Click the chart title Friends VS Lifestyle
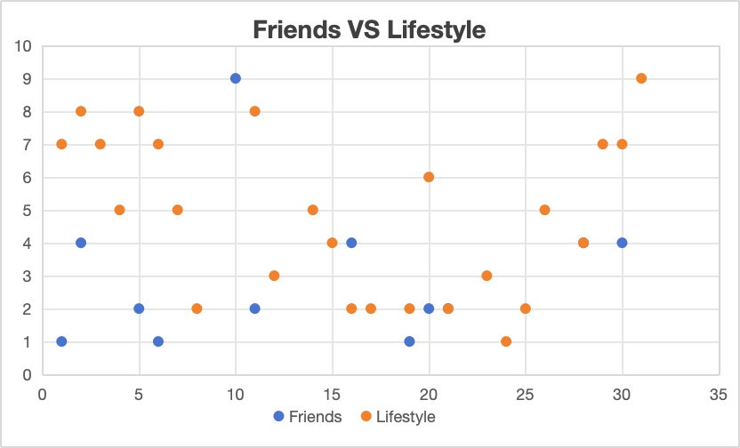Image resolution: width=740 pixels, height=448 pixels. [369, 30]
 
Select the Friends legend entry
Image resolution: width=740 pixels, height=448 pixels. [308, 416]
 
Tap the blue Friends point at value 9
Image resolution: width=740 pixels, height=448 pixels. [236, 78]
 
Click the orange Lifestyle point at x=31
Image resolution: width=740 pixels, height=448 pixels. [641, 78]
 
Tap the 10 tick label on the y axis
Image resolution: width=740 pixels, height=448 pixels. [23, 46]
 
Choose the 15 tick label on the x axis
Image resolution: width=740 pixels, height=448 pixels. [333, 393]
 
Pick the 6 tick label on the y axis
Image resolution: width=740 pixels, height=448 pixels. [28, 178]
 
